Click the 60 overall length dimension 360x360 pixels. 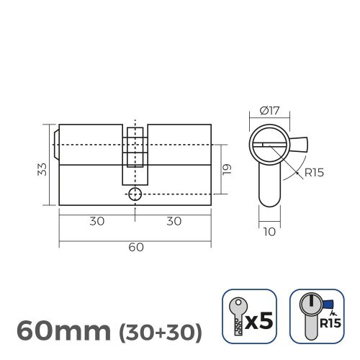[x=135, y=246]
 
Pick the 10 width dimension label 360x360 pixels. [x=269, y=232]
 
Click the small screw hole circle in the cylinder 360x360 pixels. [x=135, y=194]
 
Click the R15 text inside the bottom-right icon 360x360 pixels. [x=331, y=323]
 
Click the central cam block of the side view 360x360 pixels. [x=135, y=155]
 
